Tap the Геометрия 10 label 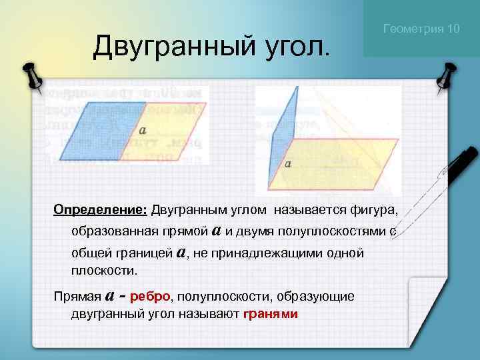pos(421,29)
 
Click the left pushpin pos(31,77)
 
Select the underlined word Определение pos(100,211)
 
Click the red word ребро pos(151,295)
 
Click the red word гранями pos(271,313)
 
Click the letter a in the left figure pos(143,131)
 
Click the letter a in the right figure pos(287,162)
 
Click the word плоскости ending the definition pos(103,270)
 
